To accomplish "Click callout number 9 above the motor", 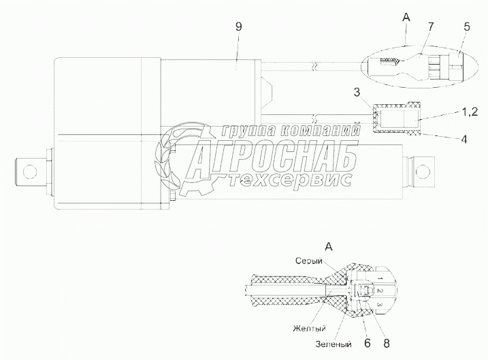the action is [237, 28].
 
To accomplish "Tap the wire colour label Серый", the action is [308, 260].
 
